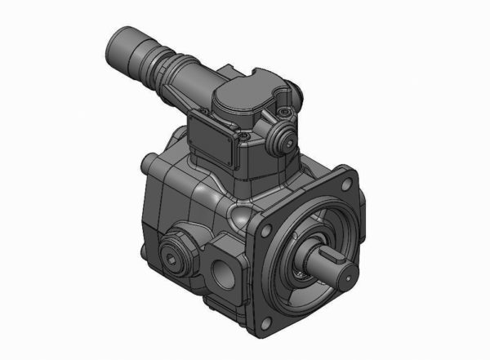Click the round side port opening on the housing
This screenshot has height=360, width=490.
[x=222, y=269]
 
